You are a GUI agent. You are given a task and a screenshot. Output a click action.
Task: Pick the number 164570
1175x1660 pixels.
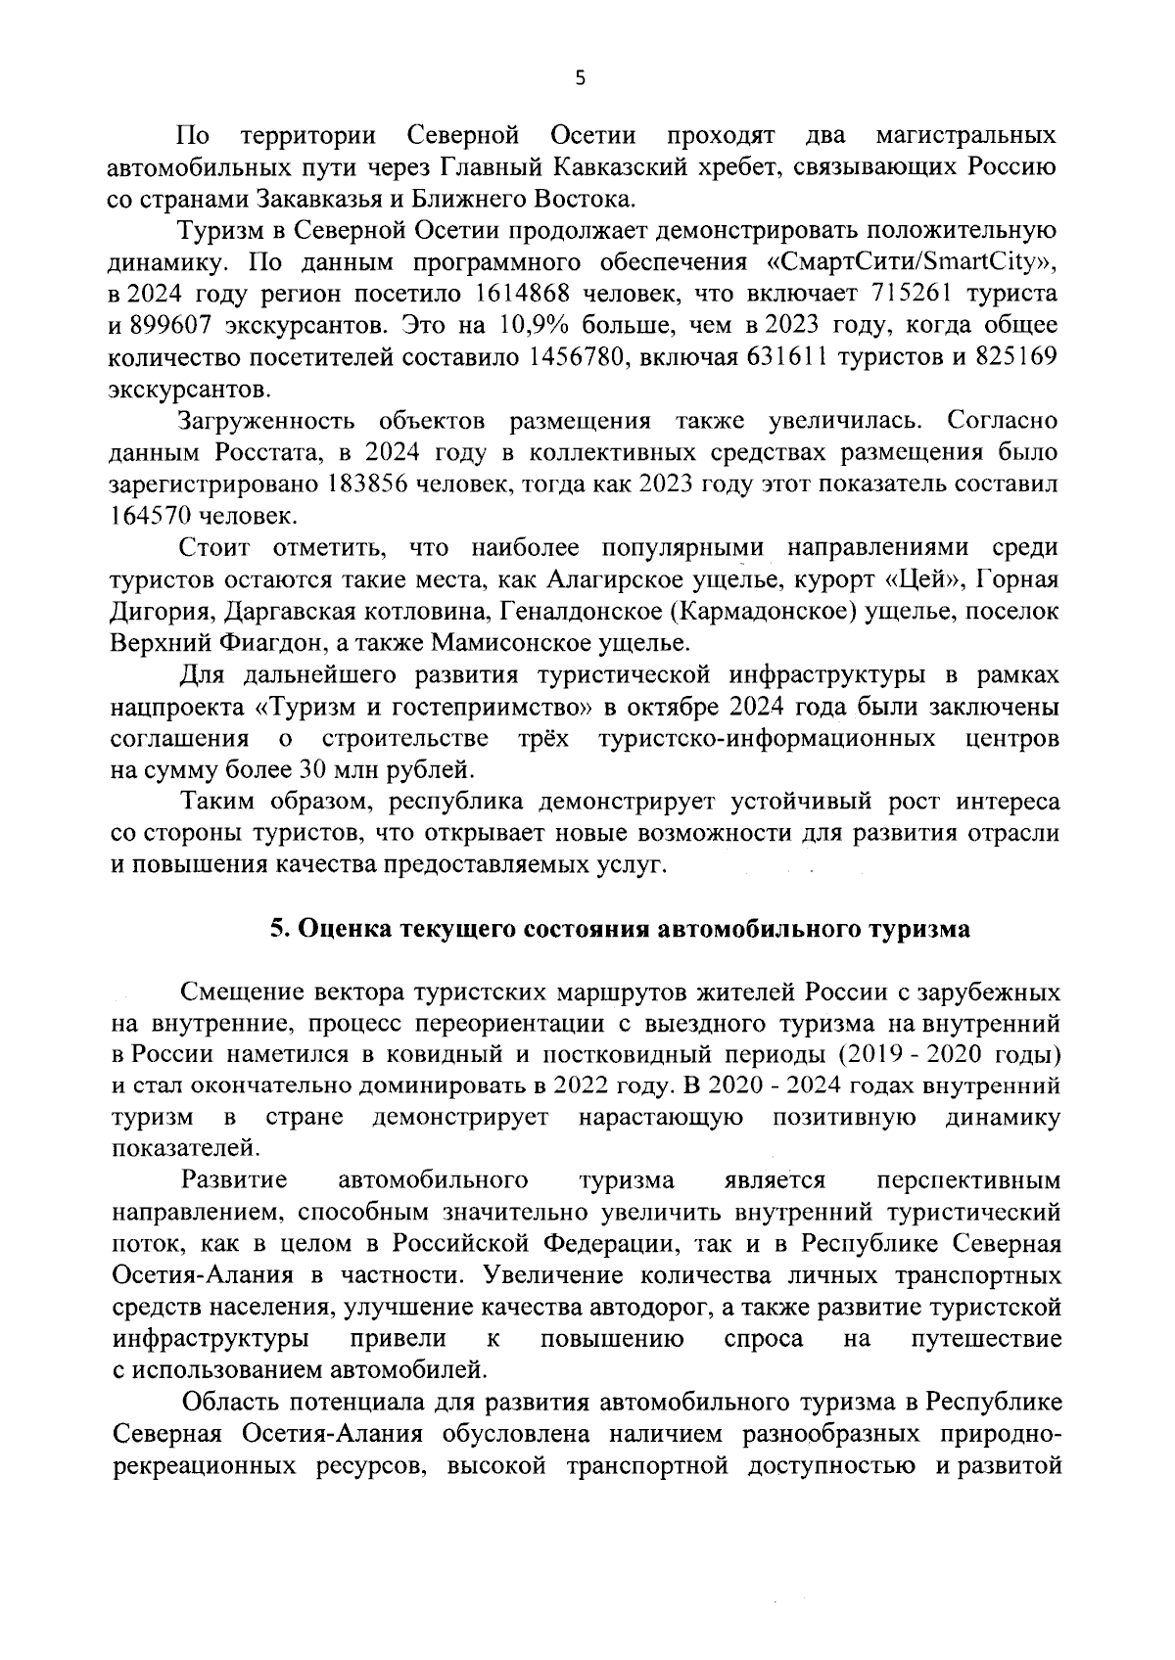tap(150, 516)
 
